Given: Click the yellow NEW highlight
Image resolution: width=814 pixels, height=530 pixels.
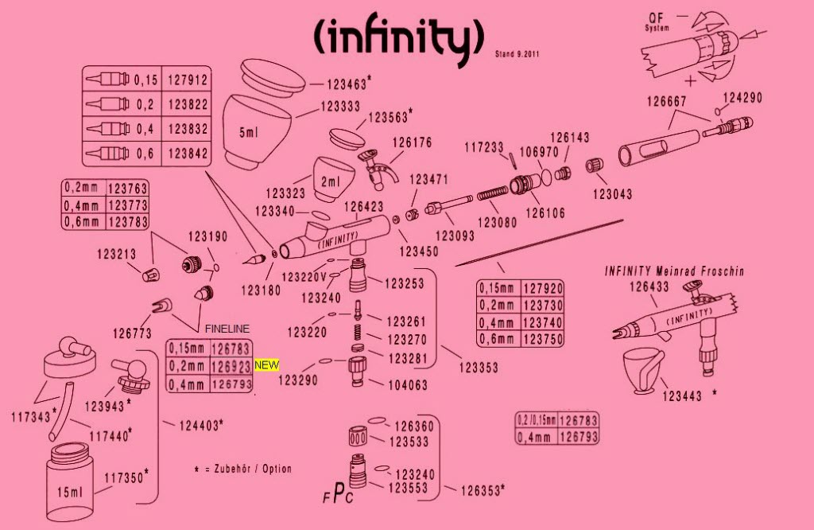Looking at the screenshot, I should pyautogui.click(x=266, y=365).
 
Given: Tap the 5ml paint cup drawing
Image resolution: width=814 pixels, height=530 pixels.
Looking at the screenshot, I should pyautogui.click(x=256, y=131).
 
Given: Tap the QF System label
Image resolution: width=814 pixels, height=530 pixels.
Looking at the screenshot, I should pyautogui.click(x=656, y=22).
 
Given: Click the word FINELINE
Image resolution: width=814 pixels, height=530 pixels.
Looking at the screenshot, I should pyautogui.click(x=227, y=329).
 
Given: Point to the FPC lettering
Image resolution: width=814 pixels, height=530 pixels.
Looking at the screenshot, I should pyautogui.click(x=339, y=494).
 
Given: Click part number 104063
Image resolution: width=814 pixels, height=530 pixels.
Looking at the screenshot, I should pyautogui.click(x=407, y=384).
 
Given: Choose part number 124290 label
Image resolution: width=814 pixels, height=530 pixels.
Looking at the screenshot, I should pyautogui.click(x=742, y=99).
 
